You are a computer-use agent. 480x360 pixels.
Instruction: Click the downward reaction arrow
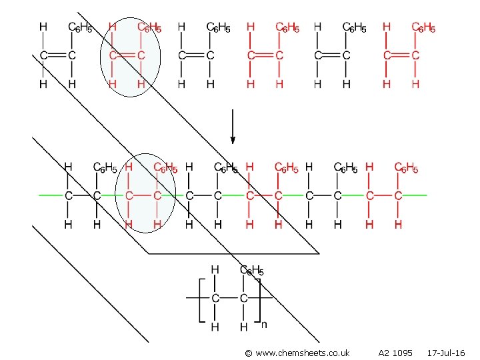click(x=233, y=127)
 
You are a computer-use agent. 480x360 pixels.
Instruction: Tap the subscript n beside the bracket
click(x=265, y=325)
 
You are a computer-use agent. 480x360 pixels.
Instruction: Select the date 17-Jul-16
click(x=446, y=352)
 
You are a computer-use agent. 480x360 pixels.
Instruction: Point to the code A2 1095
click(x=395, y=352)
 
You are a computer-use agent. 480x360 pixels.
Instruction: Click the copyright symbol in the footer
click(x=249, y=352)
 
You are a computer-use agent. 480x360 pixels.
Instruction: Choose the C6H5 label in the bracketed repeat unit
click(x=252, y=271)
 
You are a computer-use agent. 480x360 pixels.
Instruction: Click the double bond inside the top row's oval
click(x=127, y=55)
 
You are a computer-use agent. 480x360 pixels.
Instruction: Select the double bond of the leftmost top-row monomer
click(x=57, y=55)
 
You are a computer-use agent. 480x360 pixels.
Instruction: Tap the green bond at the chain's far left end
click(x=51, y=195)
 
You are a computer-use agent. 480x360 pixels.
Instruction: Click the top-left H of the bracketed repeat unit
click(x=215, y=270)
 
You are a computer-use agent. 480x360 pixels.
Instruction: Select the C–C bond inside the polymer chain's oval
click(x=142, y=195)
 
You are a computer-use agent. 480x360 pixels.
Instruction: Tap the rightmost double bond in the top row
click(x=401, y=55)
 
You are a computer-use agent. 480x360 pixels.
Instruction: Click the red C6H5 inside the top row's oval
click(x=149, y=28)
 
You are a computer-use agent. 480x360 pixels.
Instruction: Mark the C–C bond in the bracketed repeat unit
click(x=229, y=297)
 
